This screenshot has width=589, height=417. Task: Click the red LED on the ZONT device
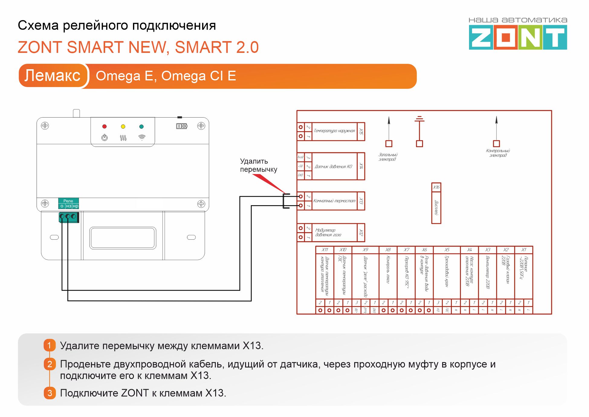[x=104, y=126]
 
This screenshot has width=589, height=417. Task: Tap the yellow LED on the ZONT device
[x=123, y=126]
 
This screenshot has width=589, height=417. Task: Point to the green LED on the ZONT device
[x=141, y=126]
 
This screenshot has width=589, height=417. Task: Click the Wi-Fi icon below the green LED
[x=142, y=137]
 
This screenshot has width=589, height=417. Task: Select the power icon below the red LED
[x=105, y=137]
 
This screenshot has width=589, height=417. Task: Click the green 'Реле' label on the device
[x=68, y=201]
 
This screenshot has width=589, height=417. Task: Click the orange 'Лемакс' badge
[x=53, y=76]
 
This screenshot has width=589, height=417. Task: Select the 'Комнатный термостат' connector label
[x=334, y=201]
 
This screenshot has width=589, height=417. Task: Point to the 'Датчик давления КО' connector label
[x=334, y=166]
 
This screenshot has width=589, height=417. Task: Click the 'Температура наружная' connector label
[x=334, y=131]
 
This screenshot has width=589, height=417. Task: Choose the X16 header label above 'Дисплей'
[x=436, y=187]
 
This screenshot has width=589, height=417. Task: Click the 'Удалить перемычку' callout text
[x=258, y=165]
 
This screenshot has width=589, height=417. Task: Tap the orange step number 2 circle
[x=50, y=364]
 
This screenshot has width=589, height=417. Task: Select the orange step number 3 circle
[x=50, y=393]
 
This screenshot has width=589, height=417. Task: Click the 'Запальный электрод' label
[x=388, y=157]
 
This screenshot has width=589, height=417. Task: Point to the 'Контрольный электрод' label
[x=498, y=153]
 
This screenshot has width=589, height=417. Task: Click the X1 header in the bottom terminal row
[x=524, y=250]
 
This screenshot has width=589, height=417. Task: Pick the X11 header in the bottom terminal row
[x=325, y=250]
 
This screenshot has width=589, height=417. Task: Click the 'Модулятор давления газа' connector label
[x=328, y=232]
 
